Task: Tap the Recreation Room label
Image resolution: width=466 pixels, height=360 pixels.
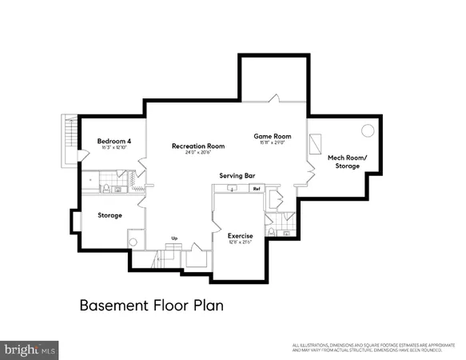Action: point(197,146)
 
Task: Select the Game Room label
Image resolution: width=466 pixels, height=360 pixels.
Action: point(272,136)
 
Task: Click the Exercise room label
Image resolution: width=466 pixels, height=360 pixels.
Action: point(240,236)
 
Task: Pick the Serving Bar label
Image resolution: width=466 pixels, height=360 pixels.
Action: point(237,175)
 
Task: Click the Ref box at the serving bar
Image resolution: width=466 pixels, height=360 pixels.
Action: point(257,189)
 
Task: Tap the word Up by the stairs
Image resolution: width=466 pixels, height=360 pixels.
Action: point(175,237)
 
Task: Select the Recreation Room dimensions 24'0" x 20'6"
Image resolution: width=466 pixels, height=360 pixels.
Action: point(197,154)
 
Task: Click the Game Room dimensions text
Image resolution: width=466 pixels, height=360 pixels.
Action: point(272,144)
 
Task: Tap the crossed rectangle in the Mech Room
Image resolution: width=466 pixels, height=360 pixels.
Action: point(317,142)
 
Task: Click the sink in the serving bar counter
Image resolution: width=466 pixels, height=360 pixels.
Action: point(231,190)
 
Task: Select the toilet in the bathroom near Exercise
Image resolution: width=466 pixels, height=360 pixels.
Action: point(273,232)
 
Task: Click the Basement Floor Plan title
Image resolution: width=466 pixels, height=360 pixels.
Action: point(150,305)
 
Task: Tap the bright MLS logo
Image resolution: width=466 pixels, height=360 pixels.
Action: point(30,350)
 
